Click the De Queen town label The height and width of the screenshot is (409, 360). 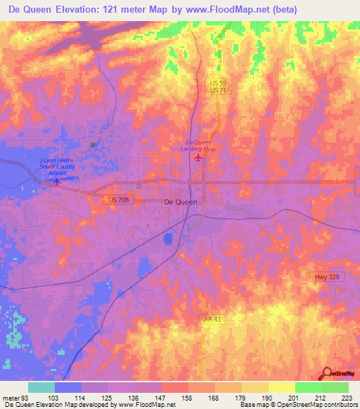coord(180,201)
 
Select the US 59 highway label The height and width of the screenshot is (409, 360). coord(219,83)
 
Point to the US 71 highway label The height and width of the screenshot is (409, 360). coord(219,91)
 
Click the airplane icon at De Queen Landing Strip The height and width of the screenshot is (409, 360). coord(198,158)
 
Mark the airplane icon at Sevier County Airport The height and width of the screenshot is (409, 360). coord(57,181)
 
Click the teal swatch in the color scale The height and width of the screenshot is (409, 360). coord(41,387)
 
